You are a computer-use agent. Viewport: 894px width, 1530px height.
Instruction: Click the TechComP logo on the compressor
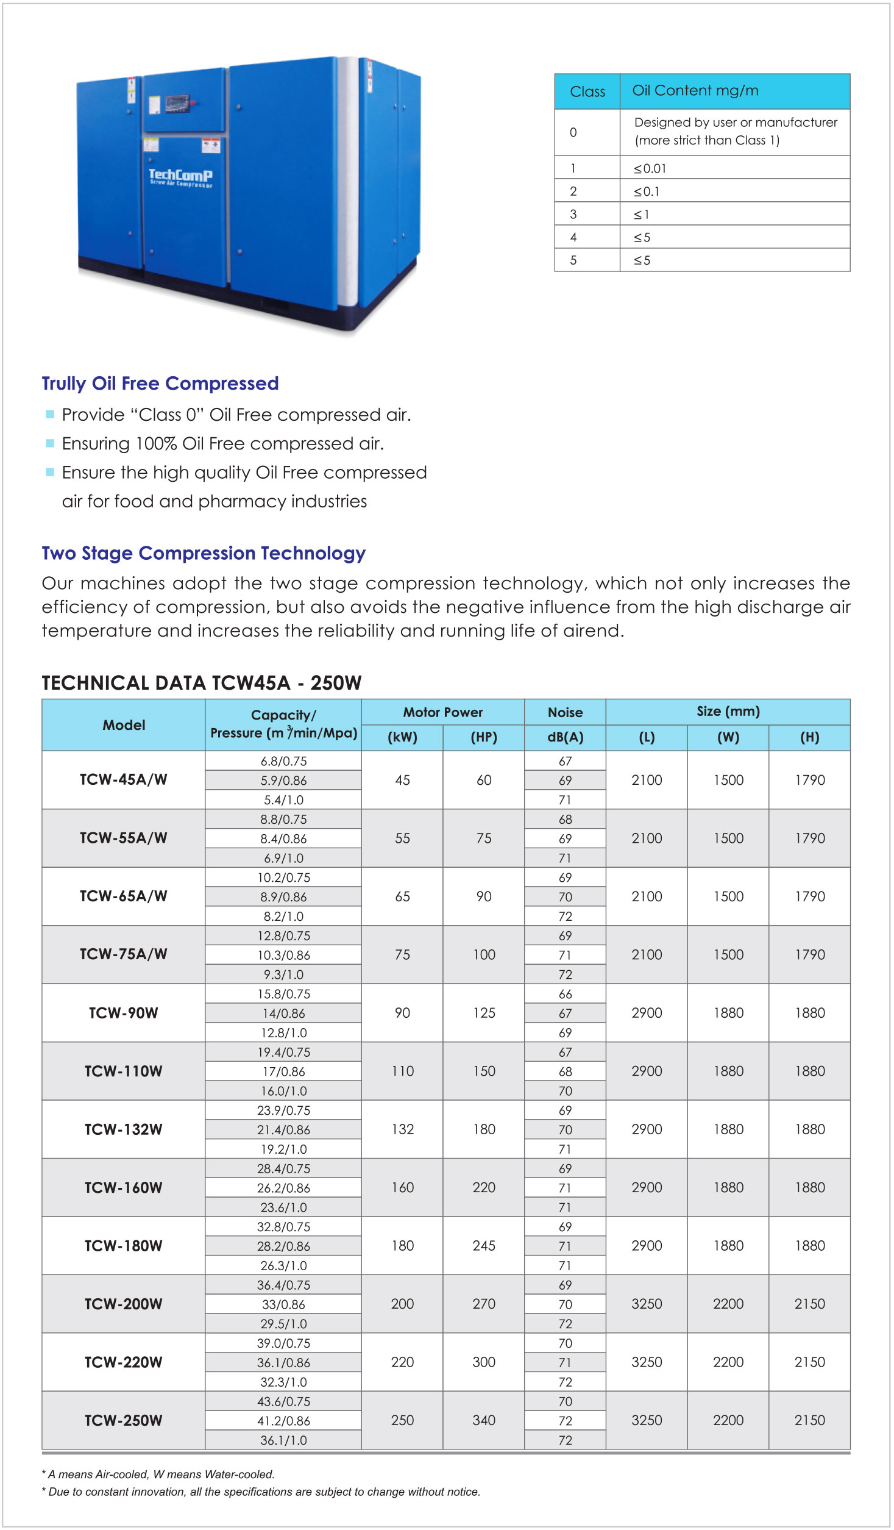[181, 177]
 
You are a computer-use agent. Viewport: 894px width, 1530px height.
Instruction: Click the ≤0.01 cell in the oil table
[650, 168]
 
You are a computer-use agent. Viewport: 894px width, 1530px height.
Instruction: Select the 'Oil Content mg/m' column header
[695, 91]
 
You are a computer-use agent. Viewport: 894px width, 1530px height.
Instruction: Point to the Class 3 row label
[573, 214]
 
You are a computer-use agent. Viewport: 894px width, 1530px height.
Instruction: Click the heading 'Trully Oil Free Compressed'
[160, 383]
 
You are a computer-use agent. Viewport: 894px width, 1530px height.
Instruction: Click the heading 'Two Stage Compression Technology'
[204, 552]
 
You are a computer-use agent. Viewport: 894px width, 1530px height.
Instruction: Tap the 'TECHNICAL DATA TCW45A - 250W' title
[202, 682]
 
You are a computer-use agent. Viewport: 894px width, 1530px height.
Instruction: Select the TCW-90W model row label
[124, 1013]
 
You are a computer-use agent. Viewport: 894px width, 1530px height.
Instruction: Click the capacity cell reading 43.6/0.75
[283, 1401]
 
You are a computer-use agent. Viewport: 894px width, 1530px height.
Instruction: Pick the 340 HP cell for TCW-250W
[484, 1420]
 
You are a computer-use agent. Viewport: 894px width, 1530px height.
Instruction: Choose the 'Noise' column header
[565, 712]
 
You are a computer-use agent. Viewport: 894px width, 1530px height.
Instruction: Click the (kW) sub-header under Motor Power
[402, 737]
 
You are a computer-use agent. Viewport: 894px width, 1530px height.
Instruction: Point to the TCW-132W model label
[124, 1129]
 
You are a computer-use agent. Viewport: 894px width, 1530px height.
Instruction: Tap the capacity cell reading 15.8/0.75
[283, 994]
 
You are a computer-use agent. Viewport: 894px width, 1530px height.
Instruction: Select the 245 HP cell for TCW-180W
[484, 1246]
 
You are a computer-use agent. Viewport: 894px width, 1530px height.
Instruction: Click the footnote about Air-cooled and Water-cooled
[158, 1474]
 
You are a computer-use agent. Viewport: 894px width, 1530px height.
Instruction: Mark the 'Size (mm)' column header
[728, 711]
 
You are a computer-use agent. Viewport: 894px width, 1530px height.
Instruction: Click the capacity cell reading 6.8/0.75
[283, 761]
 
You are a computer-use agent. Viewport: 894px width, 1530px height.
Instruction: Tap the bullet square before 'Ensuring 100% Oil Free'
[51, 443]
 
